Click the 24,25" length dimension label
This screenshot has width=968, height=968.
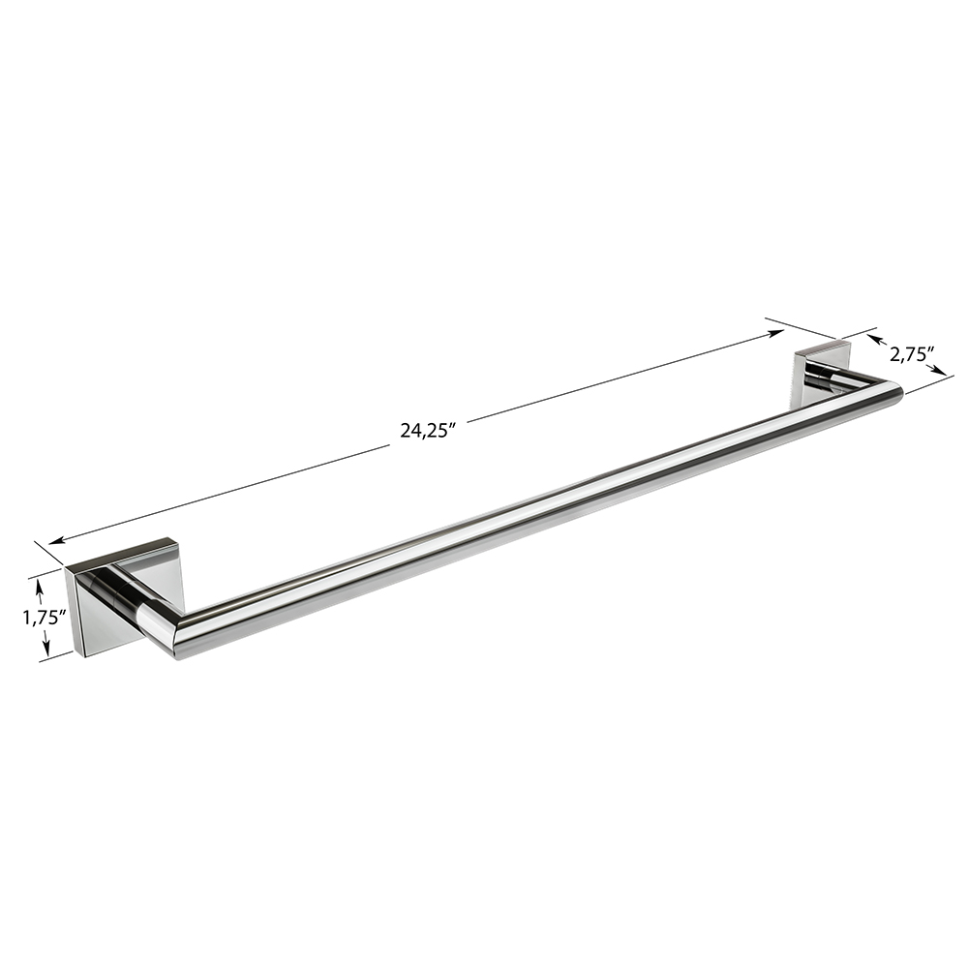428,432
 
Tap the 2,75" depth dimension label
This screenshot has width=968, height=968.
911,354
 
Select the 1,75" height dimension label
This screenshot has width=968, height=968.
45,618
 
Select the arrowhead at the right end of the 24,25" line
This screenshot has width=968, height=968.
776,333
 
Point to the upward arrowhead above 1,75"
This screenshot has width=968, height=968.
41,584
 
